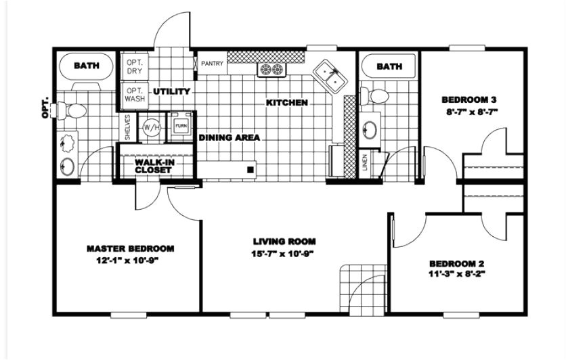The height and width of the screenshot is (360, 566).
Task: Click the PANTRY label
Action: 212,64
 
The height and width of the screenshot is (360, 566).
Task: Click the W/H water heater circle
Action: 150,127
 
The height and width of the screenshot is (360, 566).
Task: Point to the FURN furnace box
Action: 181,126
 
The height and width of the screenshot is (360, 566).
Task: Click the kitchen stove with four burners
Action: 272,69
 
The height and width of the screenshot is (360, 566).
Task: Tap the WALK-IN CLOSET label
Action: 153,166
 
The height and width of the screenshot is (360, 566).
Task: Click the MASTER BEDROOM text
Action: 131,248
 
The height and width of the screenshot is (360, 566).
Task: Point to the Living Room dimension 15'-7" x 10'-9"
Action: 284,254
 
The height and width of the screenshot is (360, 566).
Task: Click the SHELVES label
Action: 127,127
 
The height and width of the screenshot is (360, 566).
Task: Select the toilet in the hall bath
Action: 376,96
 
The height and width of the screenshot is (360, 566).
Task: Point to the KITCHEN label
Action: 287,103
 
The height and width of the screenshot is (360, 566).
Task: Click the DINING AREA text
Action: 230,137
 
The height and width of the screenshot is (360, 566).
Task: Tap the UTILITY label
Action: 171,91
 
